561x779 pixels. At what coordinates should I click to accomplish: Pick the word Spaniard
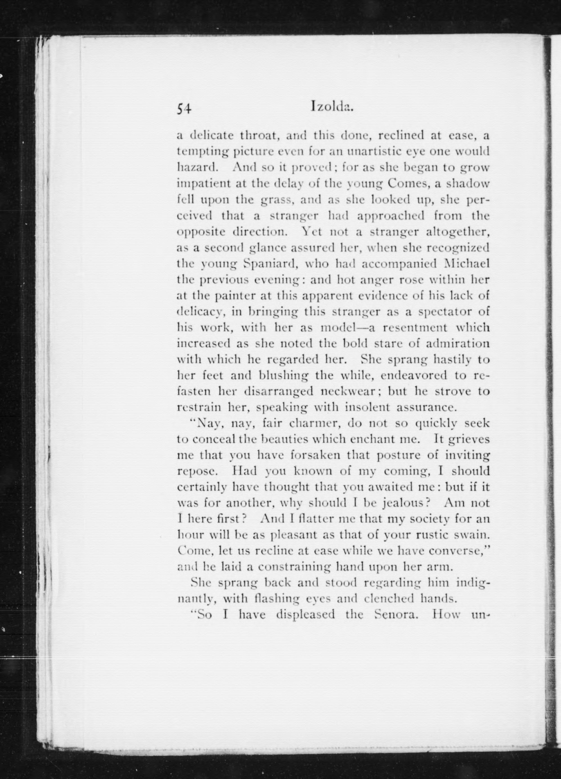tap(270, 264)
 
